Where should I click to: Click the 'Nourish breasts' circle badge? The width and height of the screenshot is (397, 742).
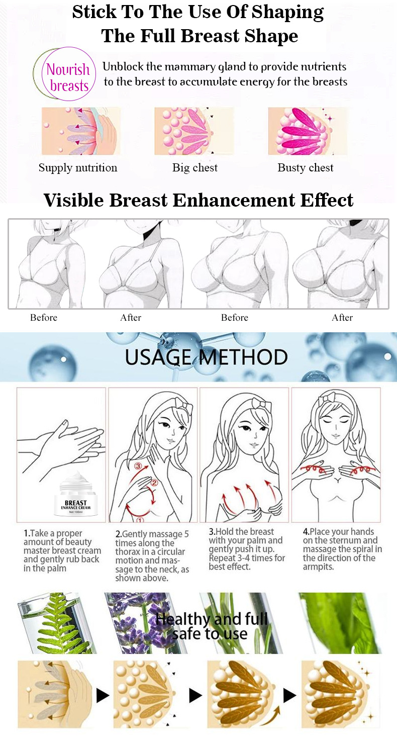tap(68, 74)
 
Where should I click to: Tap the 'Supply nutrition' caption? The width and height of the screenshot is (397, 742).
tap(78, 167)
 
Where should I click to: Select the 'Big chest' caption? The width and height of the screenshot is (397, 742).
tap(194, 167)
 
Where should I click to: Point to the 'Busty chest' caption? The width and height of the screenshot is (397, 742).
tap(305, 167)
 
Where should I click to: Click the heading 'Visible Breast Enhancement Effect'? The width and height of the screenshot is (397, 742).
tap(198, 200)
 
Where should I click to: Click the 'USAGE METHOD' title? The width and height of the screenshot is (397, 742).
tap(206, 357)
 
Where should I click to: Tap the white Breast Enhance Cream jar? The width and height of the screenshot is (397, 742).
tap(76, 494)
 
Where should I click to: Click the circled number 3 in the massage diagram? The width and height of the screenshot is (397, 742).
tap(138, 466)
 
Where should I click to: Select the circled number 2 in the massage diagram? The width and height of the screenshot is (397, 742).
tap(154, 483)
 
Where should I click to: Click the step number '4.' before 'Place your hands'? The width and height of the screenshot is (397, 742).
tap(306, 532)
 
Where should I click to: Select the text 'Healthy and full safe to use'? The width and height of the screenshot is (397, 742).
tap(211, 626)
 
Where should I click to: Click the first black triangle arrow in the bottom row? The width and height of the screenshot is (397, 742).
tap(103, 696)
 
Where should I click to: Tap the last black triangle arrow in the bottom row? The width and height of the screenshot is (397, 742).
tap(290, 696)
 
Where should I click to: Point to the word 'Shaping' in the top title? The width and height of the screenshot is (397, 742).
tap(288, 12)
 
